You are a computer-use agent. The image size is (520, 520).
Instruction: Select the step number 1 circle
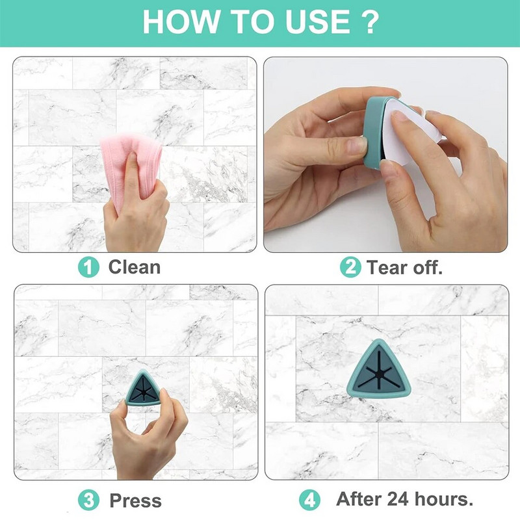(88, 268)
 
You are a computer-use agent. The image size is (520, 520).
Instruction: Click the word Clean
(135, 267)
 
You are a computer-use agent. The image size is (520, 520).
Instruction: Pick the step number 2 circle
(350, 267)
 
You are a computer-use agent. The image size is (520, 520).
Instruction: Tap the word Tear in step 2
(387, 267)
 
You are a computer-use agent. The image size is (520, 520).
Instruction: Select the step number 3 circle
(88, 500)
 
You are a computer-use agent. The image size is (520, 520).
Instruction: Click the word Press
(135, 500)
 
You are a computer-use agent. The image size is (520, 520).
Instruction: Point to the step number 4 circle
(309, 500)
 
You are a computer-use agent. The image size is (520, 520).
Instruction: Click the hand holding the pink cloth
(136, 213)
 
